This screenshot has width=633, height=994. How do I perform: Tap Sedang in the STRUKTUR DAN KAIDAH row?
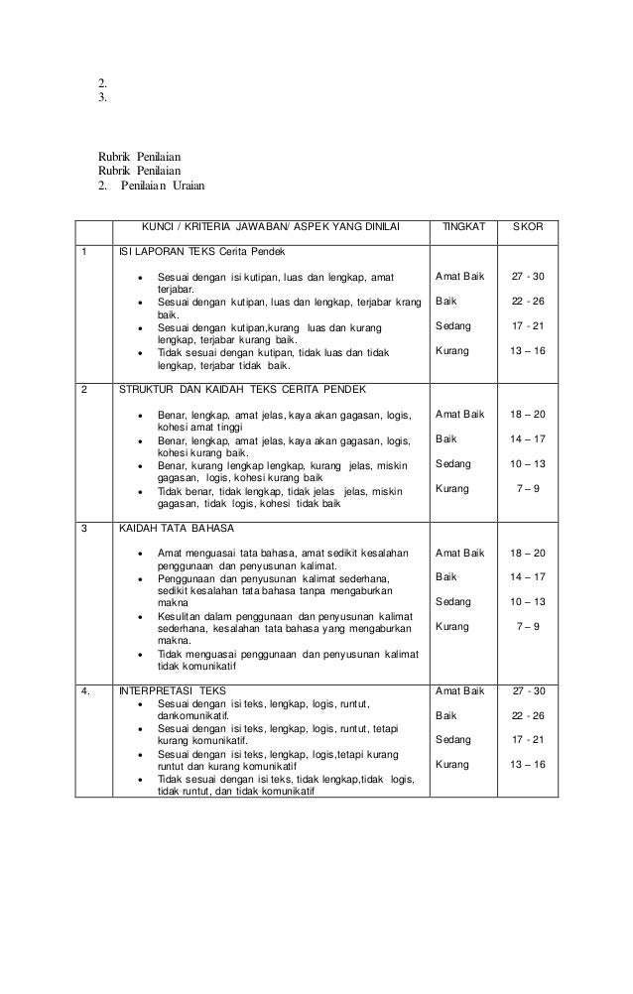tap(453, 463)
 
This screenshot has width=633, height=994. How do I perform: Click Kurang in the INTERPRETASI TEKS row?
tap(453, 764)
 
